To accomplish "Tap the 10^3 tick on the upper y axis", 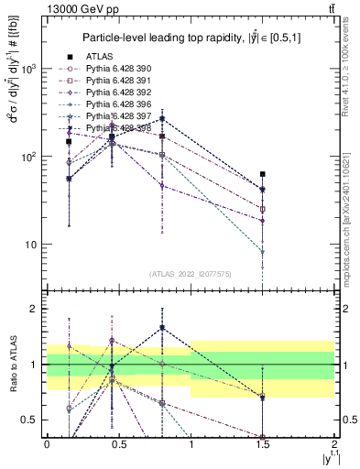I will click(x=35, y=69).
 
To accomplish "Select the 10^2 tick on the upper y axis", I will click(x=35, y=157).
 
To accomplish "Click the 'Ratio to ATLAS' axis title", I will click(x=13, y=365).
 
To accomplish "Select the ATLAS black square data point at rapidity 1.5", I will click(x=263, y=174).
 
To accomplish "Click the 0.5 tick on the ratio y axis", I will click(x=35, y=420).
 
